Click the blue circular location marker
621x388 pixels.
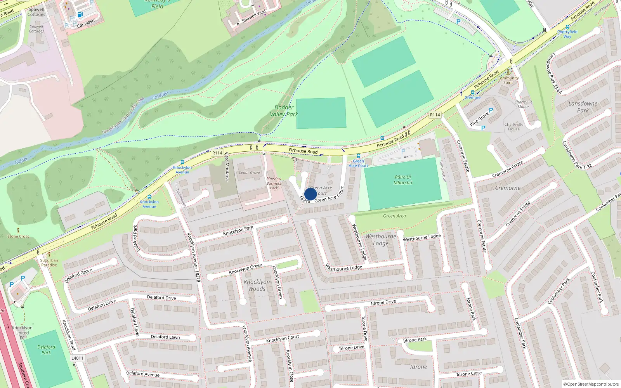tap(310, 194)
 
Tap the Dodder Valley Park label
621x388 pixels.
tap(284, 111)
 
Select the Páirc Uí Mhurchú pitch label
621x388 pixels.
tap(403, 180)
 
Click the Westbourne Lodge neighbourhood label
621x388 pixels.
tap(381, 240)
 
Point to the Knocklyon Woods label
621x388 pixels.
tap(257, 285)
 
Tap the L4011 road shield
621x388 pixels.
tap(77, 358)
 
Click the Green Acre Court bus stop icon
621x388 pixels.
tap(359, 156)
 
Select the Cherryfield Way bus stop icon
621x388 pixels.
tap(567, 27)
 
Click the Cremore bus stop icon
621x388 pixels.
tap(472, 93)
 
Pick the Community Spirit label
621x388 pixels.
tap(508, 80)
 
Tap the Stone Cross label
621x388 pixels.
tap(18, 236)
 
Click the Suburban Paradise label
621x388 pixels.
tap(49, 263)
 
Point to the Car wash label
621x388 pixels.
tap(85, 23)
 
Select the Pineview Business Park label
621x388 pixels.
tap(274, 183)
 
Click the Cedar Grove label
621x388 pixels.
tap(249, 173)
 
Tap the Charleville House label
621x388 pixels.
tap(514, 127)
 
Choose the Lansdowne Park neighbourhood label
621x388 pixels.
tap(583, 107)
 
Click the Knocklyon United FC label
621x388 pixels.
tap(22, 333)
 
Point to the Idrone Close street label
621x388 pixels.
tap(469, 374)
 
